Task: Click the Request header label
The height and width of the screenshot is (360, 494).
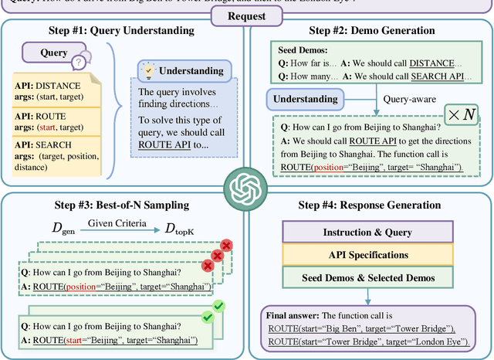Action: tap(246, 14)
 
